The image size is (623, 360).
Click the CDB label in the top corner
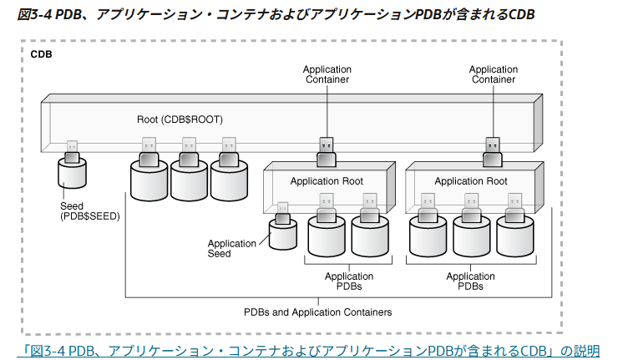coord(42,54)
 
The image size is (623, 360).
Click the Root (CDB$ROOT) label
coord(180,119)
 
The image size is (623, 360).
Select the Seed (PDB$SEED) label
coord(90,210)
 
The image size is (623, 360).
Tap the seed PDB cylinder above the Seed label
coord(72,174)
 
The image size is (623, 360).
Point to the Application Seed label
coord(231,249)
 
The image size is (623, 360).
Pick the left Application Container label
coord(326,74)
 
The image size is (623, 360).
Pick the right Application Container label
coord(494,74)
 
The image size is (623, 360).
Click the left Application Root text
coord(327,181)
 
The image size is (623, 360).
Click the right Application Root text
coord(471,181)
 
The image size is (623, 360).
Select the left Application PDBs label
coord(349,281)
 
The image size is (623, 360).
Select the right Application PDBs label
coord(470,281)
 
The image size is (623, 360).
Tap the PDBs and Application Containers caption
coord(317,312)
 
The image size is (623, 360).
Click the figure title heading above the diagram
coord(276,14)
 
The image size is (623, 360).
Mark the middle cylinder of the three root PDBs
coord(189,177)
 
